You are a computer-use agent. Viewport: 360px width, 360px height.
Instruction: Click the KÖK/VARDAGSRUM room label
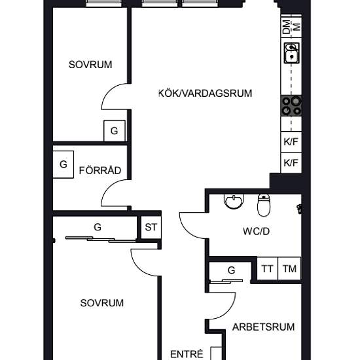pyautogui.click(x=206, y=93)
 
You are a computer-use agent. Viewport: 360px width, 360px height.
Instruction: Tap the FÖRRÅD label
pyautogui.click(x=100, y=170)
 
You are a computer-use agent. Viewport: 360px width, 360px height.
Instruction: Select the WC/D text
pyautogui.click(x=256, y=232)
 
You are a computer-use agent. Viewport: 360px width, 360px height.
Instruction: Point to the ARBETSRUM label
pyautogui.click(x=263, y=327)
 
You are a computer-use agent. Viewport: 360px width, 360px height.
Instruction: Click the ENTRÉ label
pyautogui.click(x=187, y=354)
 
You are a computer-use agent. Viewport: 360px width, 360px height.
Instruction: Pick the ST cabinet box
pyautogui.click(x=151, y=227)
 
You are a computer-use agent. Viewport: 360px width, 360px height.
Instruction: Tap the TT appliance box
pyautogui.click(x=267, y=268)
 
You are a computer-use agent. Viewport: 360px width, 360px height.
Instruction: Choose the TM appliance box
pyautogui.click(x=289, y=268)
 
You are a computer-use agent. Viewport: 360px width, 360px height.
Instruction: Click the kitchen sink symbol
pyautogui.click(x=291, y=53)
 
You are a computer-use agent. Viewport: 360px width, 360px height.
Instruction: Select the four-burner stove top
pyautogui.click(x=291, y=105)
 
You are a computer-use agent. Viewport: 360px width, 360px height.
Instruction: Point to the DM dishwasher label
pyautogui.click(x=287, y=27)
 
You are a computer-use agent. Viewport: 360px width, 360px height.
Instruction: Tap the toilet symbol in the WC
pyautogui.click(x=264, y=206)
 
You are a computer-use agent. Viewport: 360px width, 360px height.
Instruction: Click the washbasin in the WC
pyautogui.click(x=234, y=202)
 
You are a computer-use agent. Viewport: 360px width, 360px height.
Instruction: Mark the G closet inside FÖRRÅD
pyautogui.click(x=63, y=164)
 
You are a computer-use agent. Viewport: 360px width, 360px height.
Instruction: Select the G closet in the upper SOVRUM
pyautogui.click(x=115, y=131)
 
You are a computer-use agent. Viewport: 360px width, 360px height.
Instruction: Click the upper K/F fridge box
pyautogui.click(x=291, y=142)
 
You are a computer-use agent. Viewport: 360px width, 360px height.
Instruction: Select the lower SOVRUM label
pyautogui.click(x=102, y=303)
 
